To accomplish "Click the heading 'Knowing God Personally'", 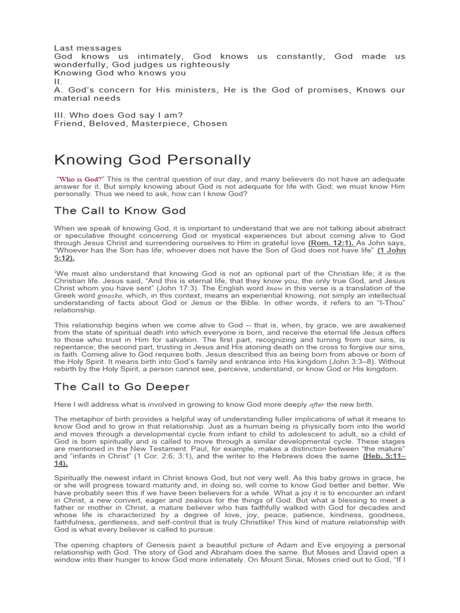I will click(152, 160).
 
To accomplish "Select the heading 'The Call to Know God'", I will click(120, 210).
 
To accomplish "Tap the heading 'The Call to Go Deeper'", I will click(122, 387).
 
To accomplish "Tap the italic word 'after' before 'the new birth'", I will click(318, 404).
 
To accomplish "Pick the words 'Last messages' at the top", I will click(87, 48).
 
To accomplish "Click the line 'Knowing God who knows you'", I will click(120, 73).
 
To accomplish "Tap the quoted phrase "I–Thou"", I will click(392, 304).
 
